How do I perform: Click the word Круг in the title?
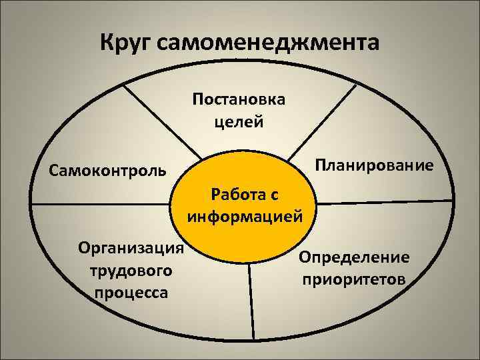tap(128, 43)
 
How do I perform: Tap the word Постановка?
tap(239, 100)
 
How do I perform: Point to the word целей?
tap(239, 121)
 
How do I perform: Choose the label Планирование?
tap(374, 165)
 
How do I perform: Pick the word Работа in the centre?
tap(236, 195)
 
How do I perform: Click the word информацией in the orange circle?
tap(245, 217)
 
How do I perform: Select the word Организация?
tap(131, 249)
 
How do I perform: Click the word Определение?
tap(354, 257)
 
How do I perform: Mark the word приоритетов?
tap(354, 279)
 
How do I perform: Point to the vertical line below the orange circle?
tap(252, 300)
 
